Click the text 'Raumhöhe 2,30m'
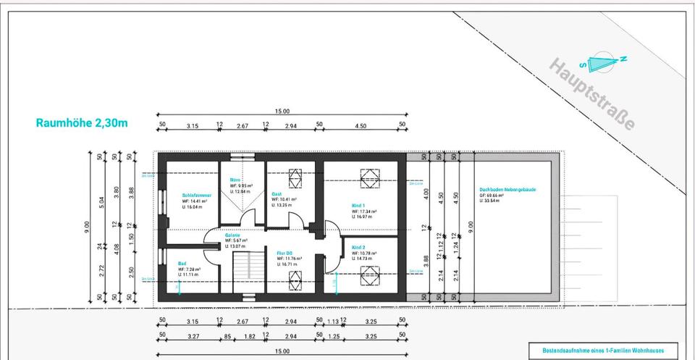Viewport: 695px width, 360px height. (x=82, y=123)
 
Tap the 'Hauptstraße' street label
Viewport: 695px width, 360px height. (x=593, y=95)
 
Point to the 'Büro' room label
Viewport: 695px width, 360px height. (x=235, y=180)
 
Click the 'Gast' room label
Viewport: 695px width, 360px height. (x=277, y=193)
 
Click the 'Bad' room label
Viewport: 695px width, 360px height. (x=182, y=263)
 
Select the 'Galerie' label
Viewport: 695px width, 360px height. (x=232, y=235)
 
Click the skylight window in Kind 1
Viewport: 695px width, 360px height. (x=368, y=175)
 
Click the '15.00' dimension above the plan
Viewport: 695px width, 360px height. (x=282, y=112)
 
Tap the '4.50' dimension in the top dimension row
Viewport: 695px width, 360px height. (x=360, y=126)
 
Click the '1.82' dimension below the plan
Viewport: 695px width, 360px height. (x=250, y=336)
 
